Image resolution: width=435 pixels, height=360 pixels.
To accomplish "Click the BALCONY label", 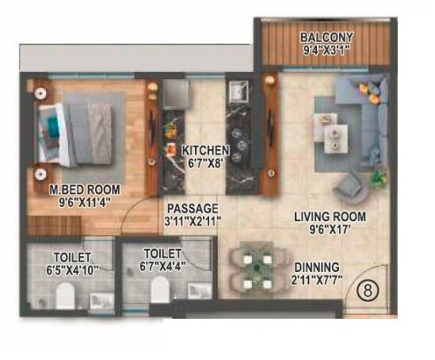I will click(326, 38).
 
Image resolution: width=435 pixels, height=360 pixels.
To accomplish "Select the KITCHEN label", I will click(205, 150).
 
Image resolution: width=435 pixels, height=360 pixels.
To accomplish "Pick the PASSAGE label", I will click(193, 208).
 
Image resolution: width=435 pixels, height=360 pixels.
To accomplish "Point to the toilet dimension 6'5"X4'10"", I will click(73, 270).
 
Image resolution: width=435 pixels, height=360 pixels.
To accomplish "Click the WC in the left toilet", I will click(67, 297).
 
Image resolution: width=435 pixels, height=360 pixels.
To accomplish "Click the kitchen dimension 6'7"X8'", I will click(205, 164).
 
